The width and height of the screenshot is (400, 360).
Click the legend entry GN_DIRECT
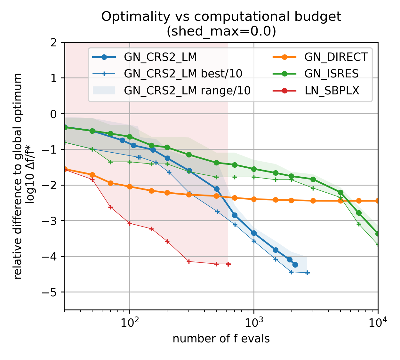tap(336, 57)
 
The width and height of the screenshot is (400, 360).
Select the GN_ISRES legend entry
tap(332, 74)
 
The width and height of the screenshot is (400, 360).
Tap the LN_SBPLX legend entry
tap(332, 91)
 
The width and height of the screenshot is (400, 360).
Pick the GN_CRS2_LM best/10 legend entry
tap(183, 74)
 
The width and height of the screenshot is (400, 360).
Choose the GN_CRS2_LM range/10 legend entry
tap(187, 91)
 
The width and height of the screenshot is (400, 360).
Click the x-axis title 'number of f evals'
tap(221, 339)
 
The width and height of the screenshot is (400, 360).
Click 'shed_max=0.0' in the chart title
tap(221, 31)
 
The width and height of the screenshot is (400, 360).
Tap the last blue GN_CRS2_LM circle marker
tap(295, 265)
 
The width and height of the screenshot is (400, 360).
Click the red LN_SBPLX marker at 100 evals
tap(130, 223)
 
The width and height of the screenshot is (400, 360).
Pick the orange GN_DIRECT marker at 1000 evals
tap(254, 199)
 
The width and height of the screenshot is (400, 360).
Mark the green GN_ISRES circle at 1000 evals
tap(254, 169)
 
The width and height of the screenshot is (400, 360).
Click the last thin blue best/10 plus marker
tap(307, 273)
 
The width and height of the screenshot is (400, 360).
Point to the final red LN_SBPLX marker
tap(228, 264)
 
